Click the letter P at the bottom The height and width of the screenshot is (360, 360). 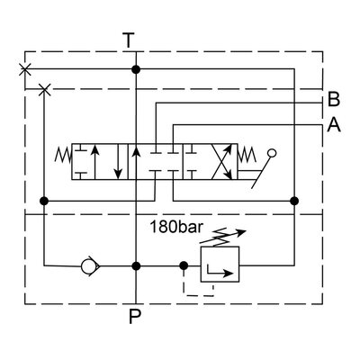tap(135, 316)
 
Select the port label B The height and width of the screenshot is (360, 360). tap(334, 100)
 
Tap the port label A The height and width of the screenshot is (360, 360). tap(334, 126)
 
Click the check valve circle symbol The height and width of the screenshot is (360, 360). tap(87, 265)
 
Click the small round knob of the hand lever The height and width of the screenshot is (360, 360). tap(273, 154)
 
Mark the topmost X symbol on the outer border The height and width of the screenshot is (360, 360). tap(24, 68)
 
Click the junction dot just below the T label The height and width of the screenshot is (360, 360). tap(135, 68)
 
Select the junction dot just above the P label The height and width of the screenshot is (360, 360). tap(135, 265)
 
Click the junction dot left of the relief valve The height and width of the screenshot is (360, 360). tap(183, 265)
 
